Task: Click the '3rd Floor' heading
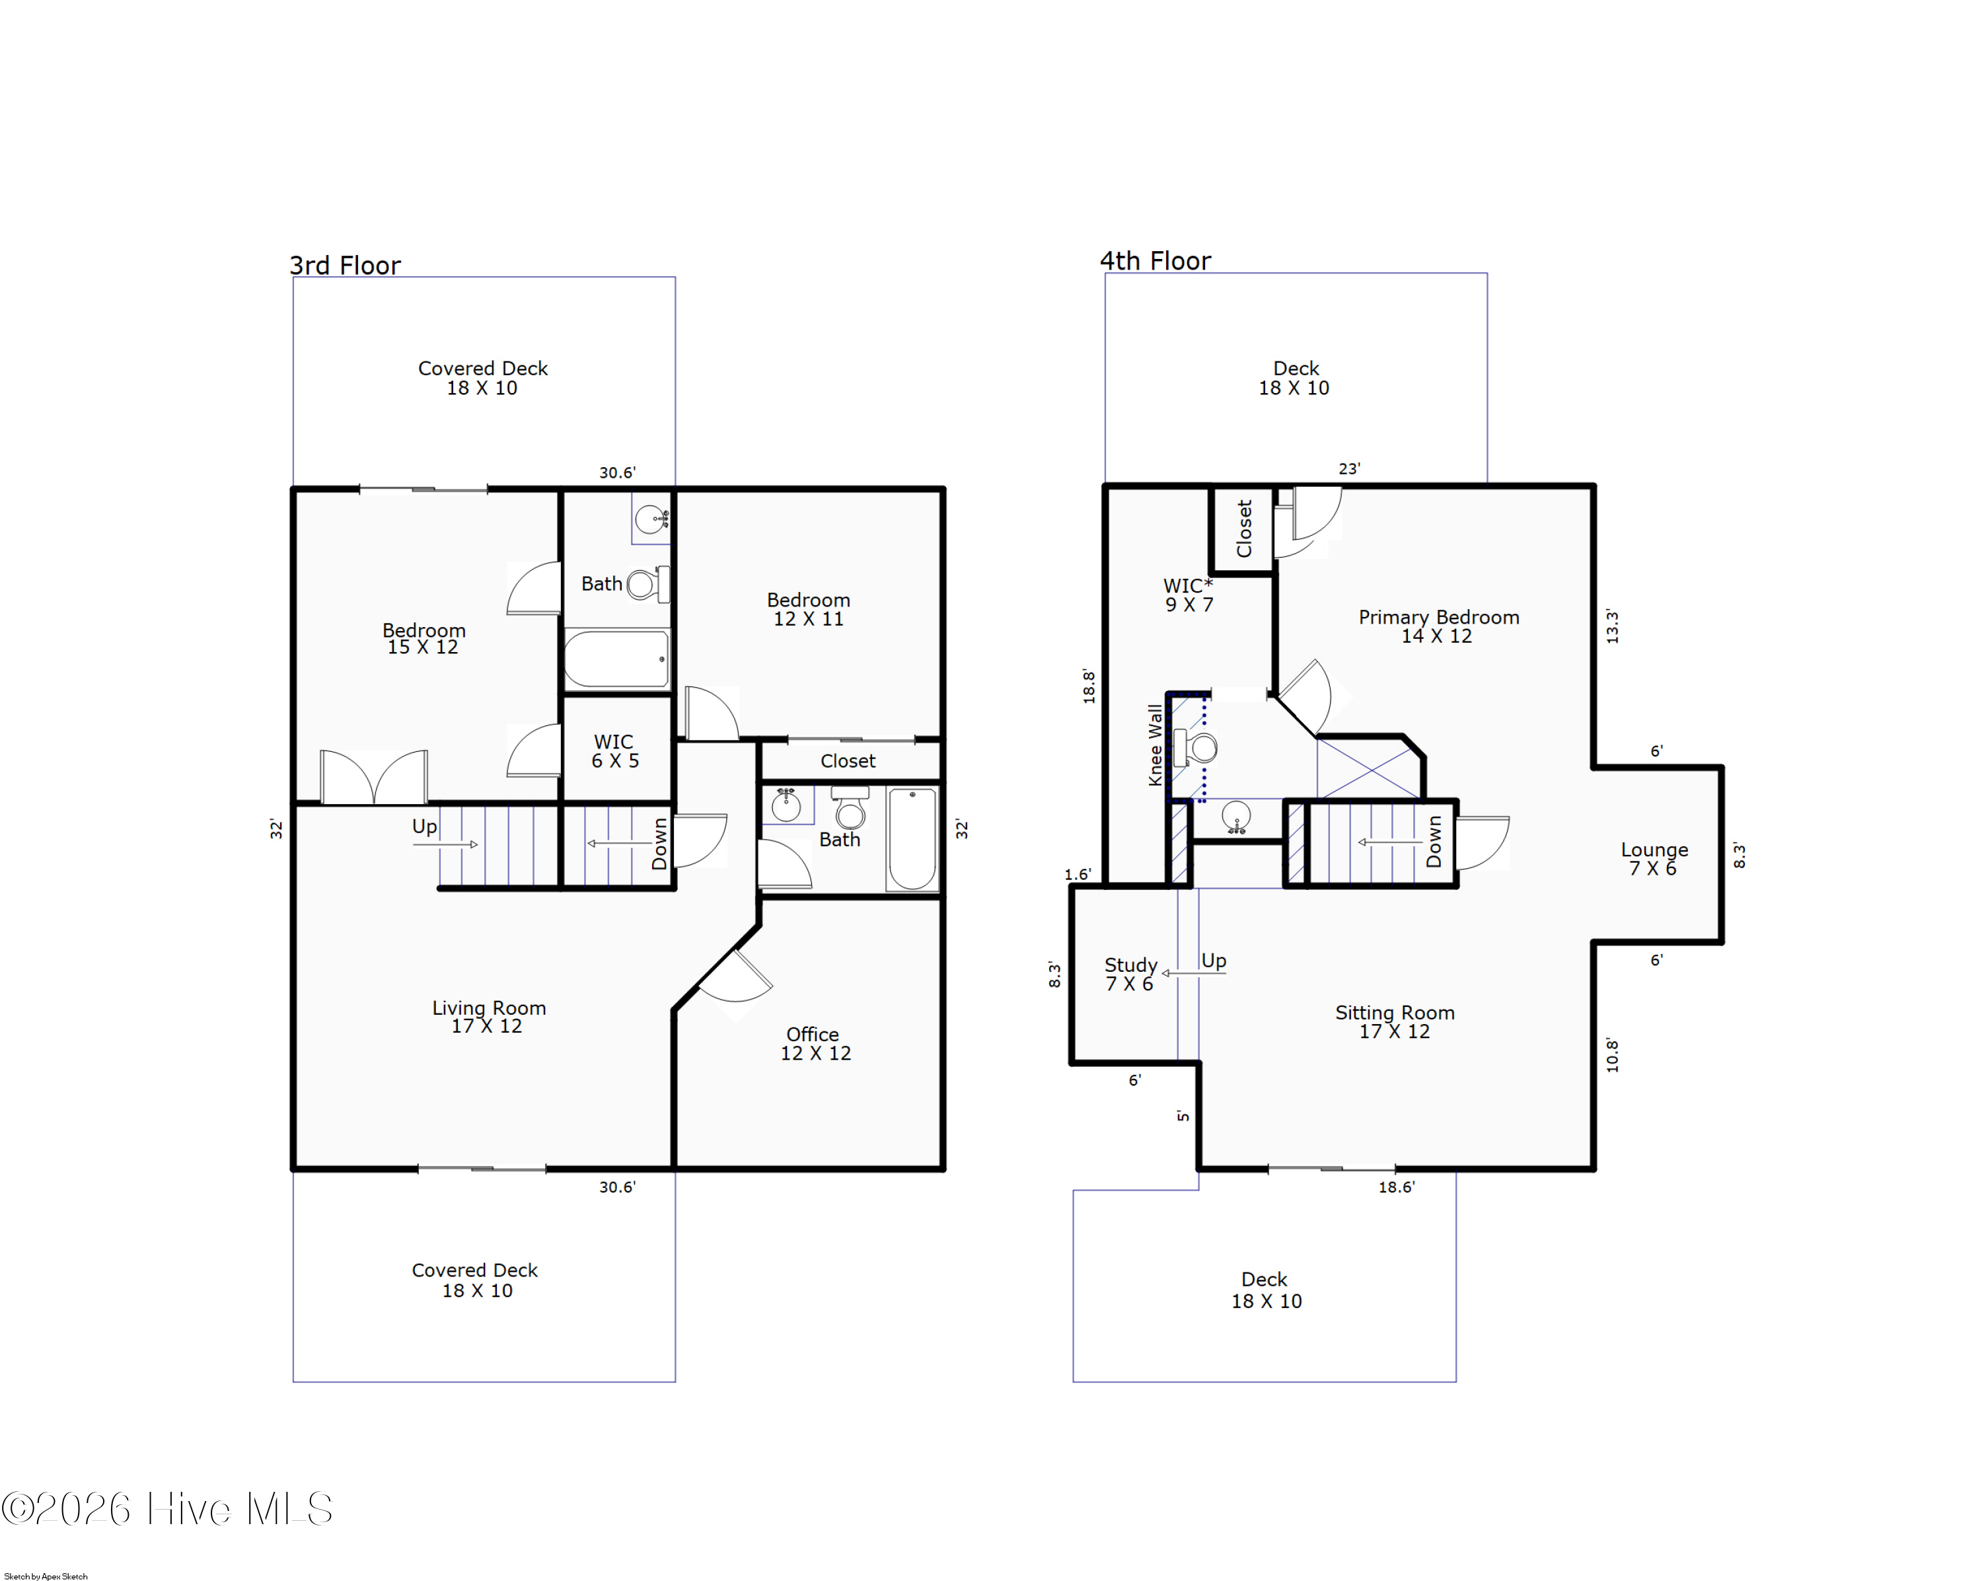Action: pos(345,266)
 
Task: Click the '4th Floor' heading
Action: pos(1156,261)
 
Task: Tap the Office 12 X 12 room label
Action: pos(815,1044)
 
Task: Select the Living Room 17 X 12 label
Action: pos(489,1017)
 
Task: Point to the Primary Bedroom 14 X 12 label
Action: pos(1439,626)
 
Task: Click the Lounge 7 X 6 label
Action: pos(1654,858)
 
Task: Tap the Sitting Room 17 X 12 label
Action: pos(1395,1021)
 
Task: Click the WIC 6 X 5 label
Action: pos(614,751)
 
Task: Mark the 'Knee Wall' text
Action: pos(1155,745)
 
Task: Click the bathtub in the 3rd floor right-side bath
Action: pos(912,838)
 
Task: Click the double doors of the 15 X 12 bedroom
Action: pos(373,778)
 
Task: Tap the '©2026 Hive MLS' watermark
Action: pos(166,1508)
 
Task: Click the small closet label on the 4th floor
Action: pos(1244,529)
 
